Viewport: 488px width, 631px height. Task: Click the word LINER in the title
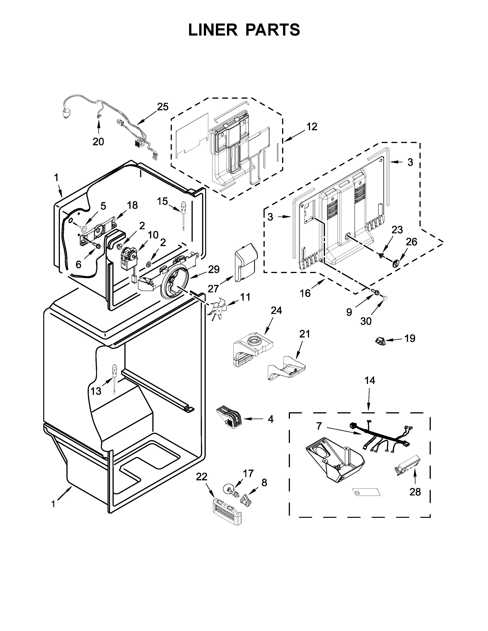pos(212,30)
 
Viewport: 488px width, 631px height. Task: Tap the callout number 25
pos(163,107)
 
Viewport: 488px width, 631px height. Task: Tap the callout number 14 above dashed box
pos(370,381)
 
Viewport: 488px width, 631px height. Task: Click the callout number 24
pos(276,310)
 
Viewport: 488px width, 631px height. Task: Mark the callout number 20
pos(98,141)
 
